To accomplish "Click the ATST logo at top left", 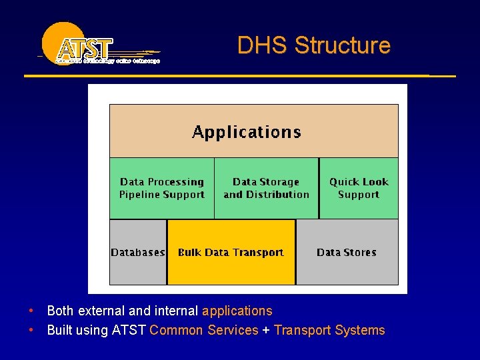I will (x=93, y=45).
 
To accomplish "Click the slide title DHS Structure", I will (x=313, y=45).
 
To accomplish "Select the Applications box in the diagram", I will (x=253, y=131).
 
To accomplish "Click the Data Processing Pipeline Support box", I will (x=161, y=188).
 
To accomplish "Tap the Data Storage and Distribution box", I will (x=266, y=188).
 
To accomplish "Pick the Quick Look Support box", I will (x=359, y=188).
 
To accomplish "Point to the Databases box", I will (x=138, y=253).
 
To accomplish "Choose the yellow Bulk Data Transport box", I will (x=231, y=253).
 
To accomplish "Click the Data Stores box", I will (x=347, y=253).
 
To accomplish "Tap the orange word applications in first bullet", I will (x=237, y=311).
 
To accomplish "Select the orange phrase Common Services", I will (x=203, y=330).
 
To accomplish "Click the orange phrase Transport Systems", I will (x=329, y=330).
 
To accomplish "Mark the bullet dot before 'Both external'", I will (x=31, y=311).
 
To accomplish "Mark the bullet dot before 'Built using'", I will (x=31, y=330).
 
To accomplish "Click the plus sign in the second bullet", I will (x=265, y=331).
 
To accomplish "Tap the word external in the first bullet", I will (x=101, y=311).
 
